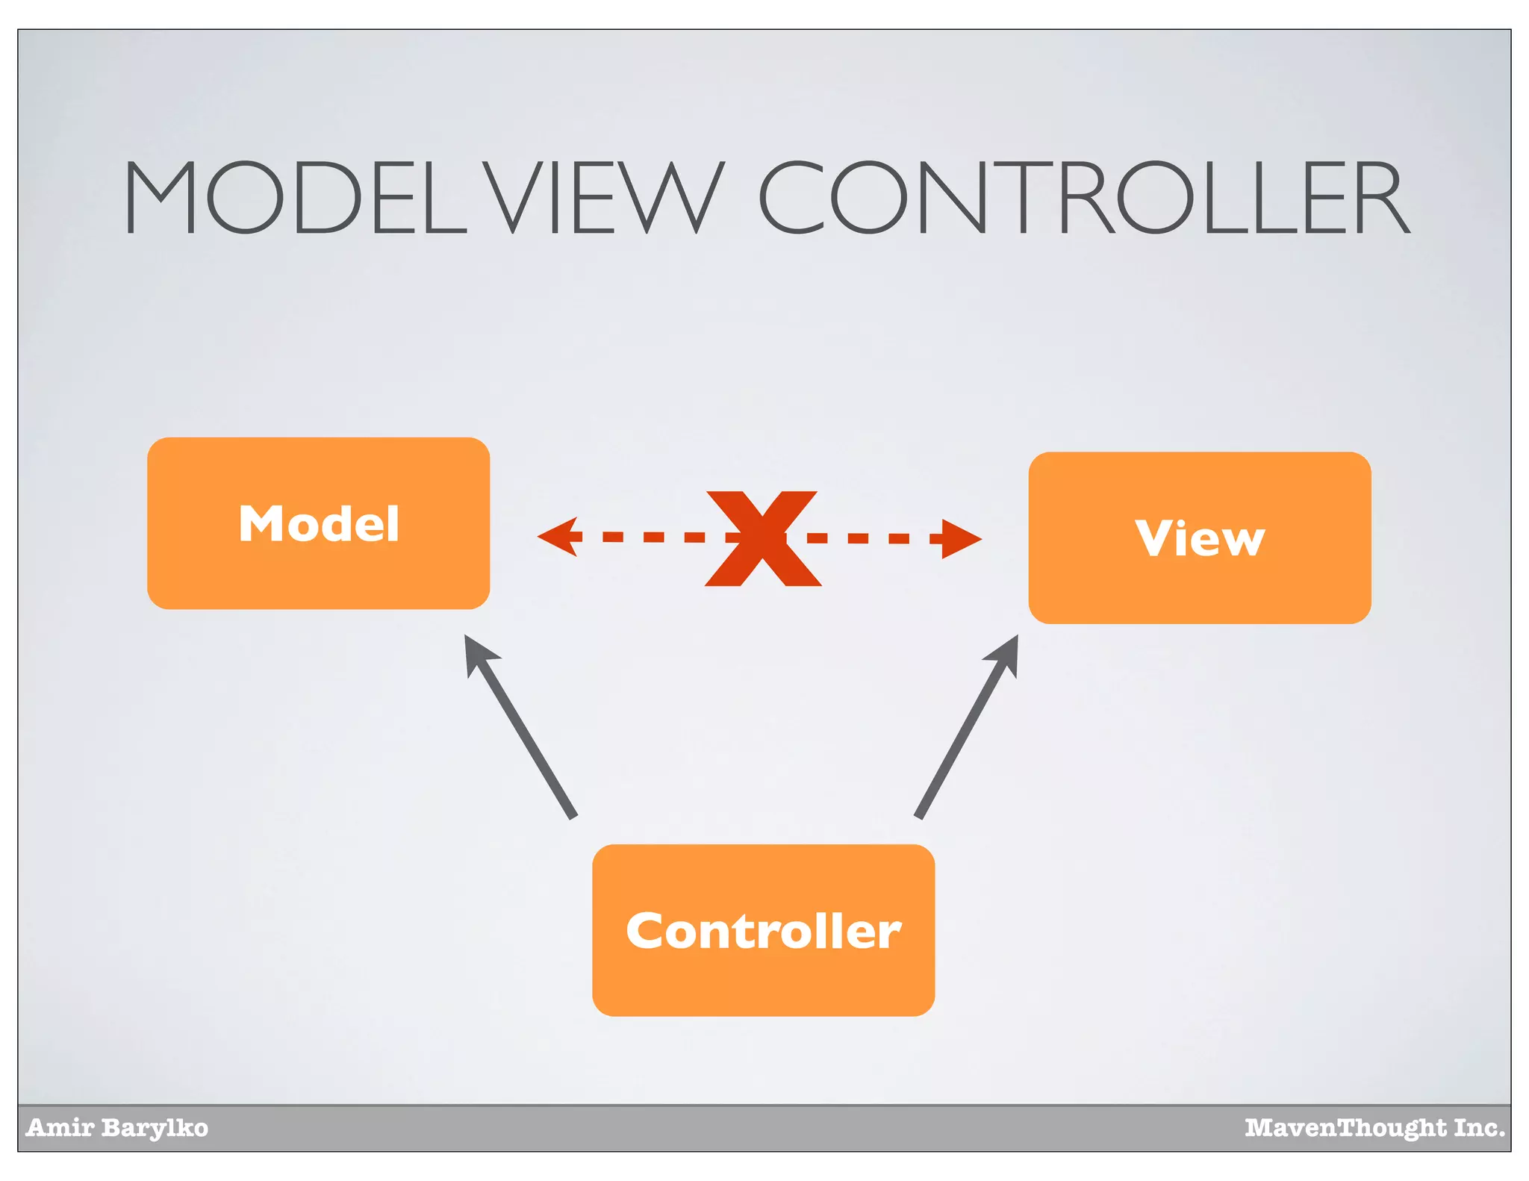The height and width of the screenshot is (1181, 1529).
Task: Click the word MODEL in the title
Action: click(x=295, y=198)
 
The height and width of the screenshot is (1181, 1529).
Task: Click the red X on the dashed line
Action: click(x=762, y=538)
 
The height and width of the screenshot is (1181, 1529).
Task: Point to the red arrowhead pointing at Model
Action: click(x=558, y=537)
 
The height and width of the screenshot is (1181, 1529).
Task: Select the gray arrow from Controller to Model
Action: click(x=523, y=732)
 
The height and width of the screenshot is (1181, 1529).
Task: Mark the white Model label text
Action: click(x=319, y=523)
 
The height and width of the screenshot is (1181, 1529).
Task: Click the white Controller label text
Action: click(x=763, y=931)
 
